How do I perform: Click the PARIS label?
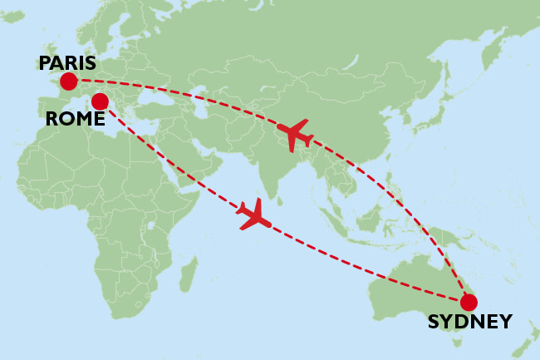tap(67, 63)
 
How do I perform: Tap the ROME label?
tap(75, 119)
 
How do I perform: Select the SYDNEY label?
tap(469, 322)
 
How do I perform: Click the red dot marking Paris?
tap(68, 81)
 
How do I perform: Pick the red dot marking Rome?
tap(100, 102)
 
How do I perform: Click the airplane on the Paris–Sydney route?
tap(296, 133)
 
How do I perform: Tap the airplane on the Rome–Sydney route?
tap(253, 215)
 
